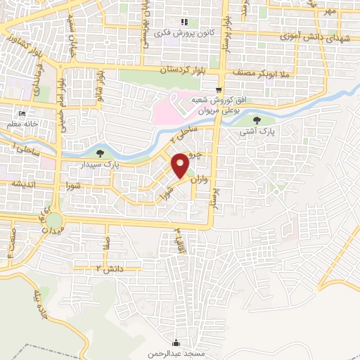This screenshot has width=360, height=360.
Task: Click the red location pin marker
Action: (x=180, y=166)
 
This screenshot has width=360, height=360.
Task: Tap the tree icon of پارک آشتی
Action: (x=265, y=120)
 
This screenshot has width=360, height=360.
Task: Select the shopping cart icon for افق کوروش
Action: (x=219, y=89)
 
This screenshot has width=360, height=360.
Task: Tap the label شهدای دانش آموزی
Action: (x=311, y=37)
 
